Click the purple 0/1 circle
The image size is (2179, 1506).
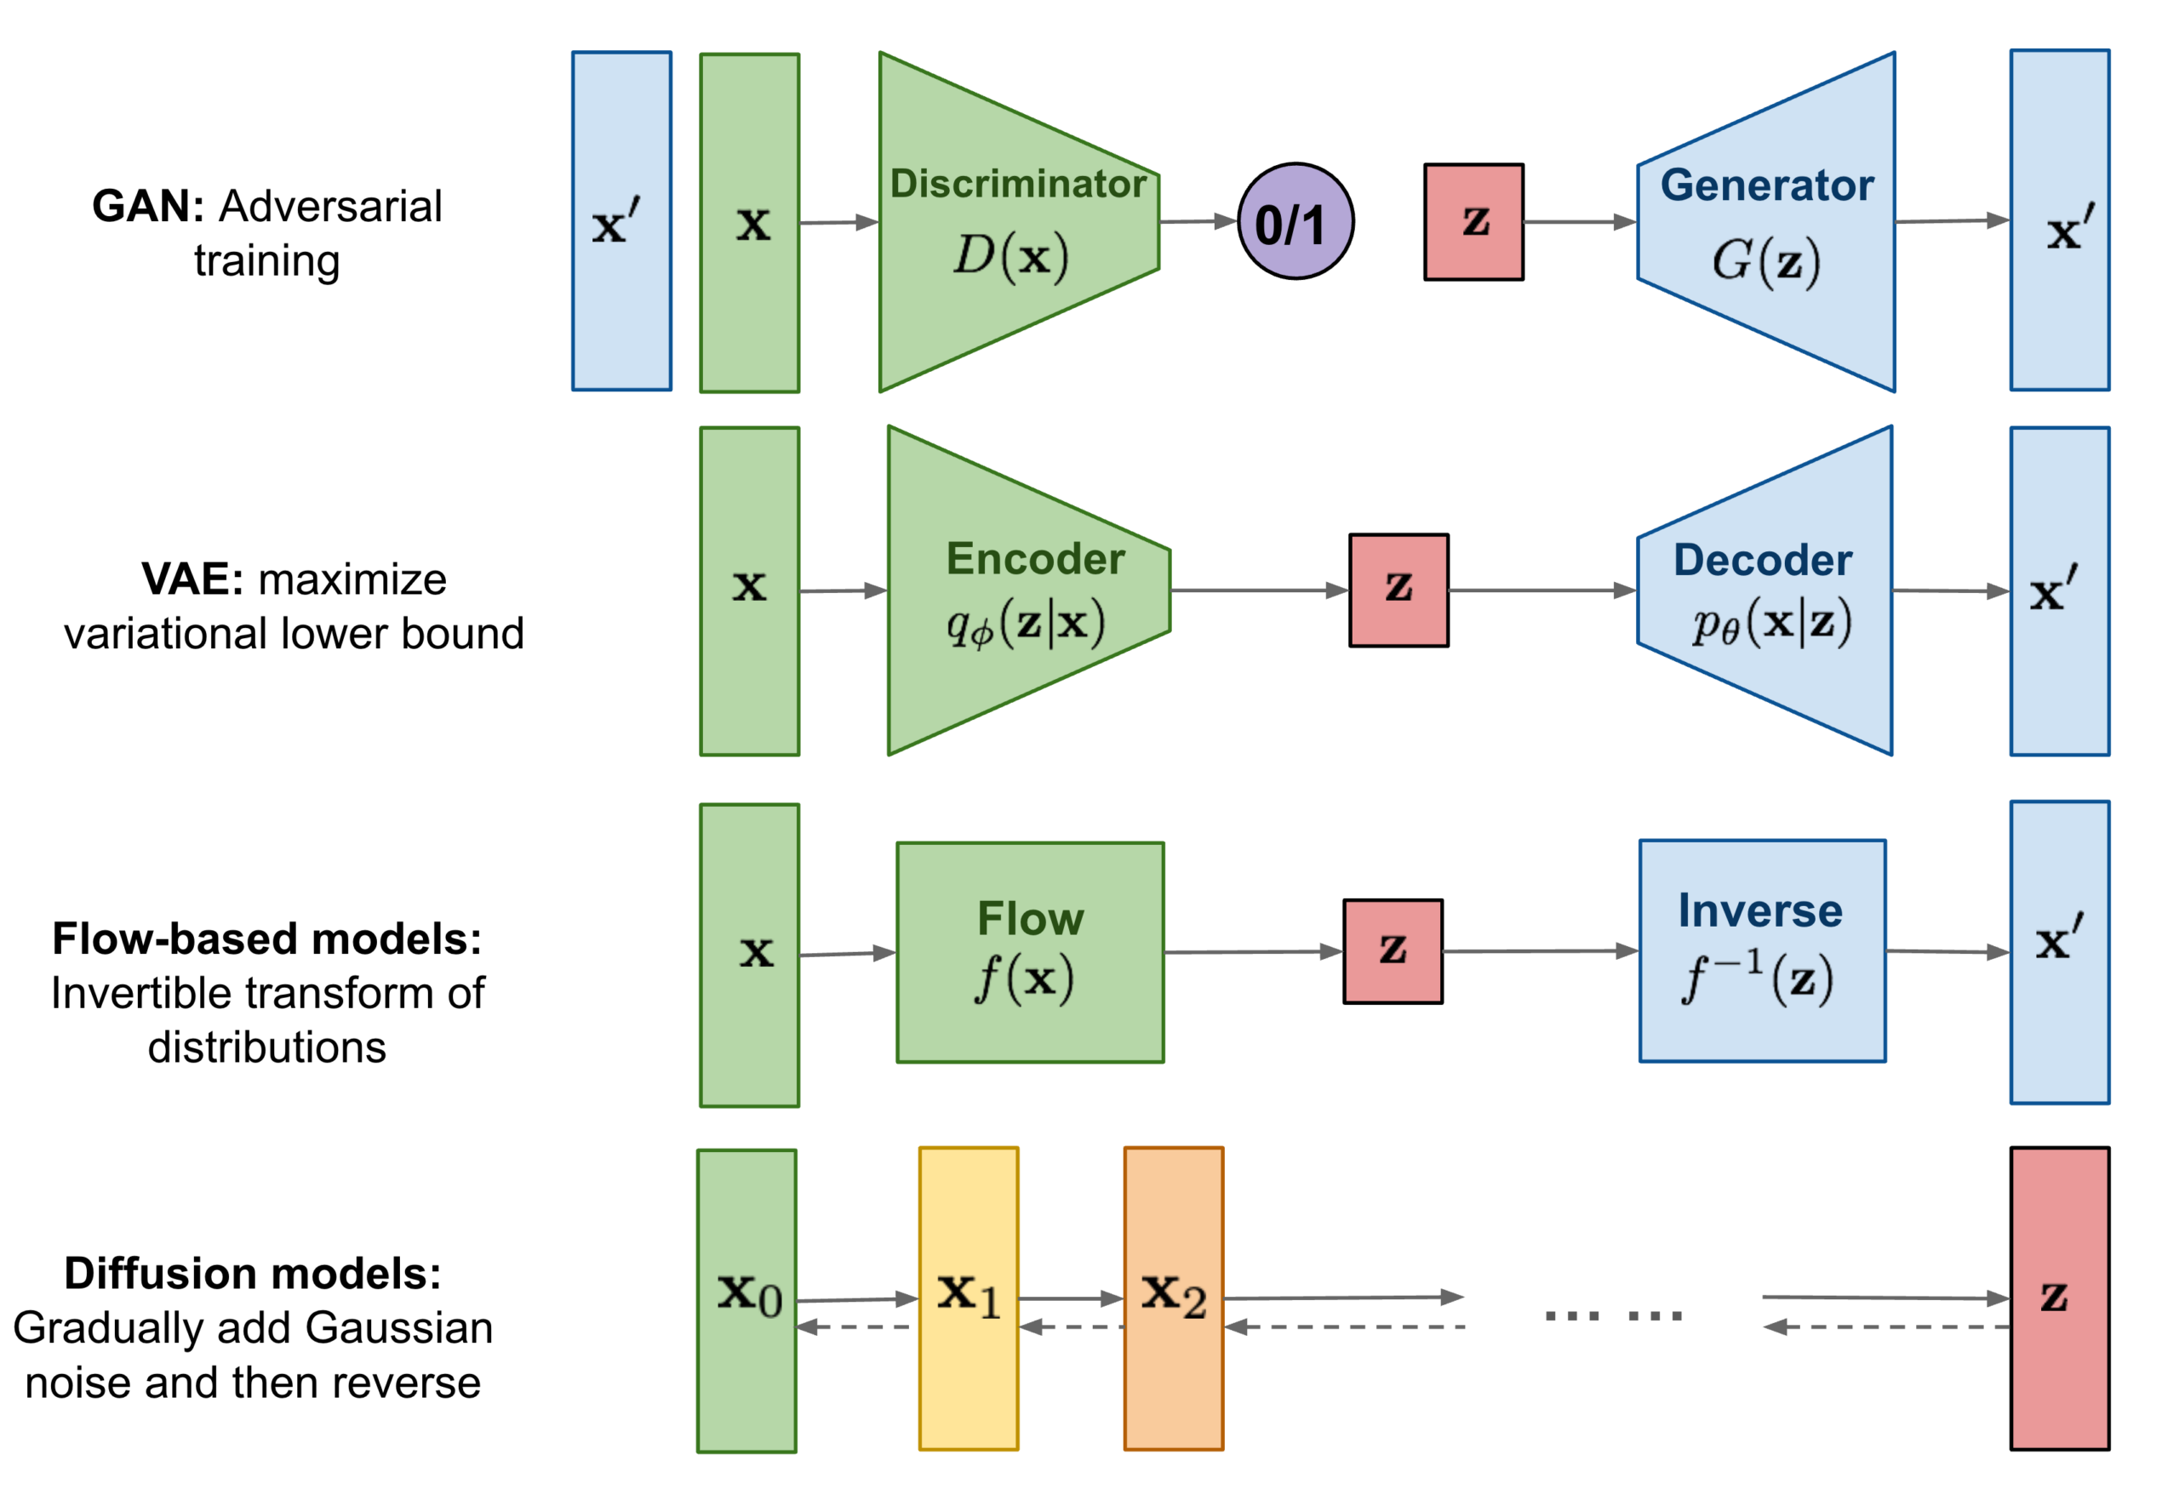(1295, 222)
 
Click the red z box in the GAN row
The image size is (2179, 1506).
(1473, 222)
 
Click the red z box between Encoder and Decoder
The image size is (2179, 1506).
(1398, 590)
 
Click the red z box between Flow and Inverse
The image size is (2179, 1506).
(1393, 951)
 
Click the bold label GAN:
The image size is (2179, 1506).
(148, 206)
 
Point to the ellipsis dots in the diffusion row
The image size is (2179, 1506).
(1613, 1315)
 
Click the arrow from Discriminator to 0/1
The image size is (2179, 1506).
(1197, 222)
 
